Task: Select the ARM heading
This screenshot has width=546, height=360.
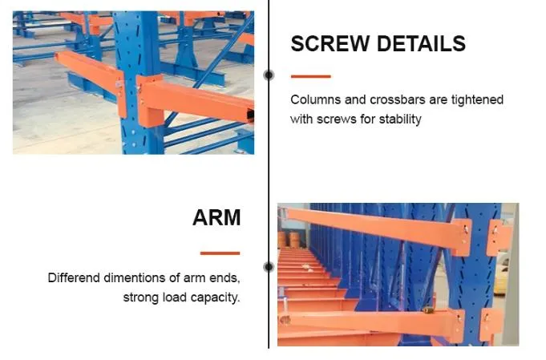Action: [x=216, y=217]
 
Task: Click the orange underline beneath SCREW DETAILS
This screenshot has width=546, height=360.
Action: [x=310, y=77]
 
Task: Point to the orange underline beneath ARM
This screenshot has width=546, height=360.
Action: [x=220, y=253]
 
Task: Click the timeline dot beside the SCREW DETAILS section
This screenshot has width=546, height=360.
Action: [x=269, y=75]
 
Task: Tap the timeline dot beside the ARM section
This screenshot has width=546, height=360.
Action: [x=269, y=267]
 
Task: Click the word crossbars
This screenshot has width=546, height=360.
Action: [x=395, y=100]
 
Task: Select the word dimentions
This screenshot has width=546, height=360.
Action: [x=140, y=278]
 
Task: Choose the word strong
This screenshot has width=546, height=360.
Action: [x=141, y=297]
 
